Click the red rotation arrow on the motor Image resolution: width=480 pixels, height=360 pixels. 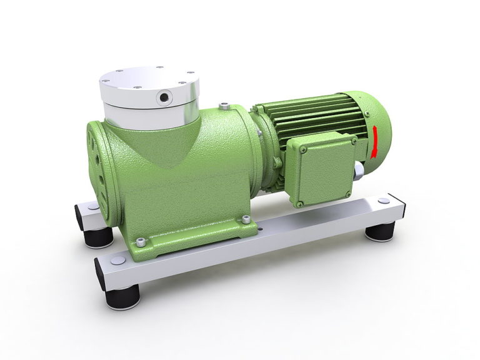pyautogui.click(x=374, y=141)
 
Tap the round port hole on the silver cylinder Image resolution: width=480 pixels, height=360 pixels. pyautogui.click(x=164, y=97)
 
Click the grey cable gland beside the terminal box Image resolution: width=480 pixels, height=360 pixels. pyautogui.click(x=360, y=171)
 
